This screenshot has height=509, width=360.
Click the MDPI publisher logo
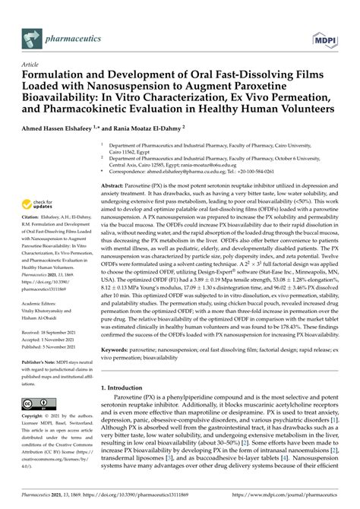pos(329,35)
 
